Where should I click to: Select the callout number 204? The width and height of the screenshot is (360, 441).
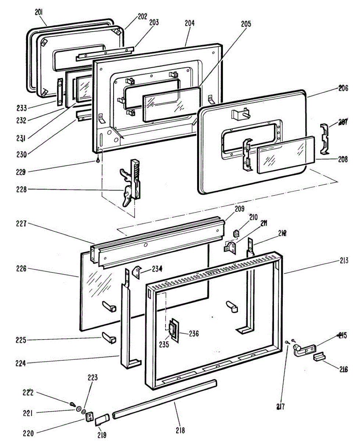click(x=190, y=23)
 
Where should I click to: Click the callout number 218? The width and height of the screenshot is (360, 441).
click(x=180, y=430)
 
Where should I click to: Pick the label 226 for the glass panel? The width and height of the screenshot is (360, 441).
click(x=21, y=269)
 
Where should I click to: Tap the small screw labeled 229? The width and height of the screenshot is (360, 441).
click(x=98, y=160)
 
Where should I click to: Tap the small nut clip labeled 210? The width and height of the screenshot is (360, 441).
click(x=237, y=233)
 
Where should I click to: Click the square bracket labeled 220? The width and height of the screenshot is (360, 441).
click(x=89, y=417)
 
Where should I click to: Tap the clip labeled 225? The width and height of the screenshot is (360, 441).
click(x=109, y=337)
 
